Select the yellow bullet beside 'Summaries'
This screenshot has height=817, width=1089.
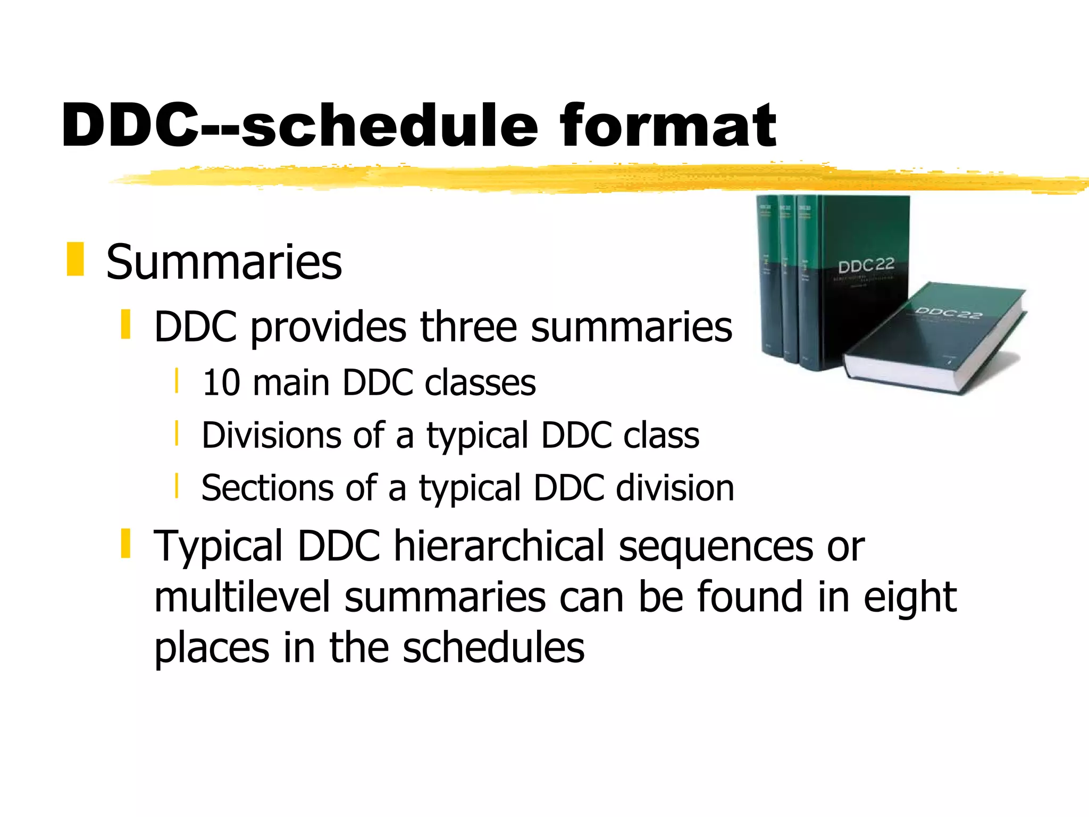[x=76, y=259]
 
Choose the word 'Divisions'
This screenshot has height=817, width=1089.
[x=271, y=435]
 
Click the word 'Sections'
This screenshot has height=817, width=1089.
[x=267, y=488]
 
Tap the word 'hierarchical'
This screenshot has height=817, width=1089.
[x=499, y=546]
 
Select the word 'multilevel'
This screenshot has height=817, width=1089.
[x=242, y=597]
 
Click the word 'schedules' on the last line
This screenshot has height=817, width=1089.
[x=493, y=647]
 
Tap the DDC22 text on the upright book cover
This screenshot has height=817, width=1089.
[x=866, y=265]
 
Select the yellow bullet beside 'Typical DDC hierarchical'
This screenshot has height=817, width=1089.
[x=126, y=543]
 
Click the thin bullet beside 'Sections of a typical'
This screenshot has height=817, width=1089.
[x=177, y=486]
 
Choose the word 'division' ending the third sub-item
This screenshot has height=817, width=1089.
[x=675, y=488]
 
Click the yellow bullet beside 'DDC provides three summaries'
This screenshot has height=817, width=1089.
[x=126, y=324]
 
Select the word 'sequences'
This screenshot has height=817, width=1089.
[x=716, y=546]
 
